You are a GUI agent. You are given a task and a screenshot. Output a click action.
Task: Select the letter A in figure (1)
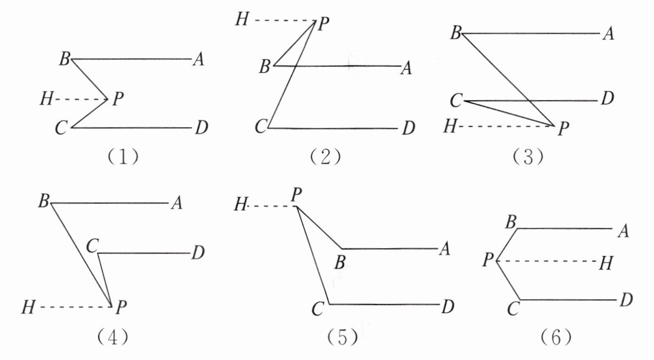point(198,60)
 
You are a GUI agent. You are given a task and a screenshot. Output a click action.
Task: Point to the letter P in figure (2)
point(323,24)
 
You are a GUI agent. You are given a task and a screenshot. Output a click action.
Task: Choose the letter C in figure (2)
point(260,128)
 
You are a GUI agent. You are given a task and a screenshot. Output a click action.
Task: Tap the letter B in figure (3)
point(455,34)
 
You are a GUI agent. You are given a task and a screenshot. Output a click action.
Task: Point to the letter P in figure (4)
point(120,308)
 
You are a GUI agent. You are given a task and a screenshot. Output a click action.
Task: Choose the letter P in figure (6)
point(487,260)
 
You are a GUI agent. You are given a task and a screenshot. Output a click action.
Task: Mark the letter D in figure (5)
point(447,307)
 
